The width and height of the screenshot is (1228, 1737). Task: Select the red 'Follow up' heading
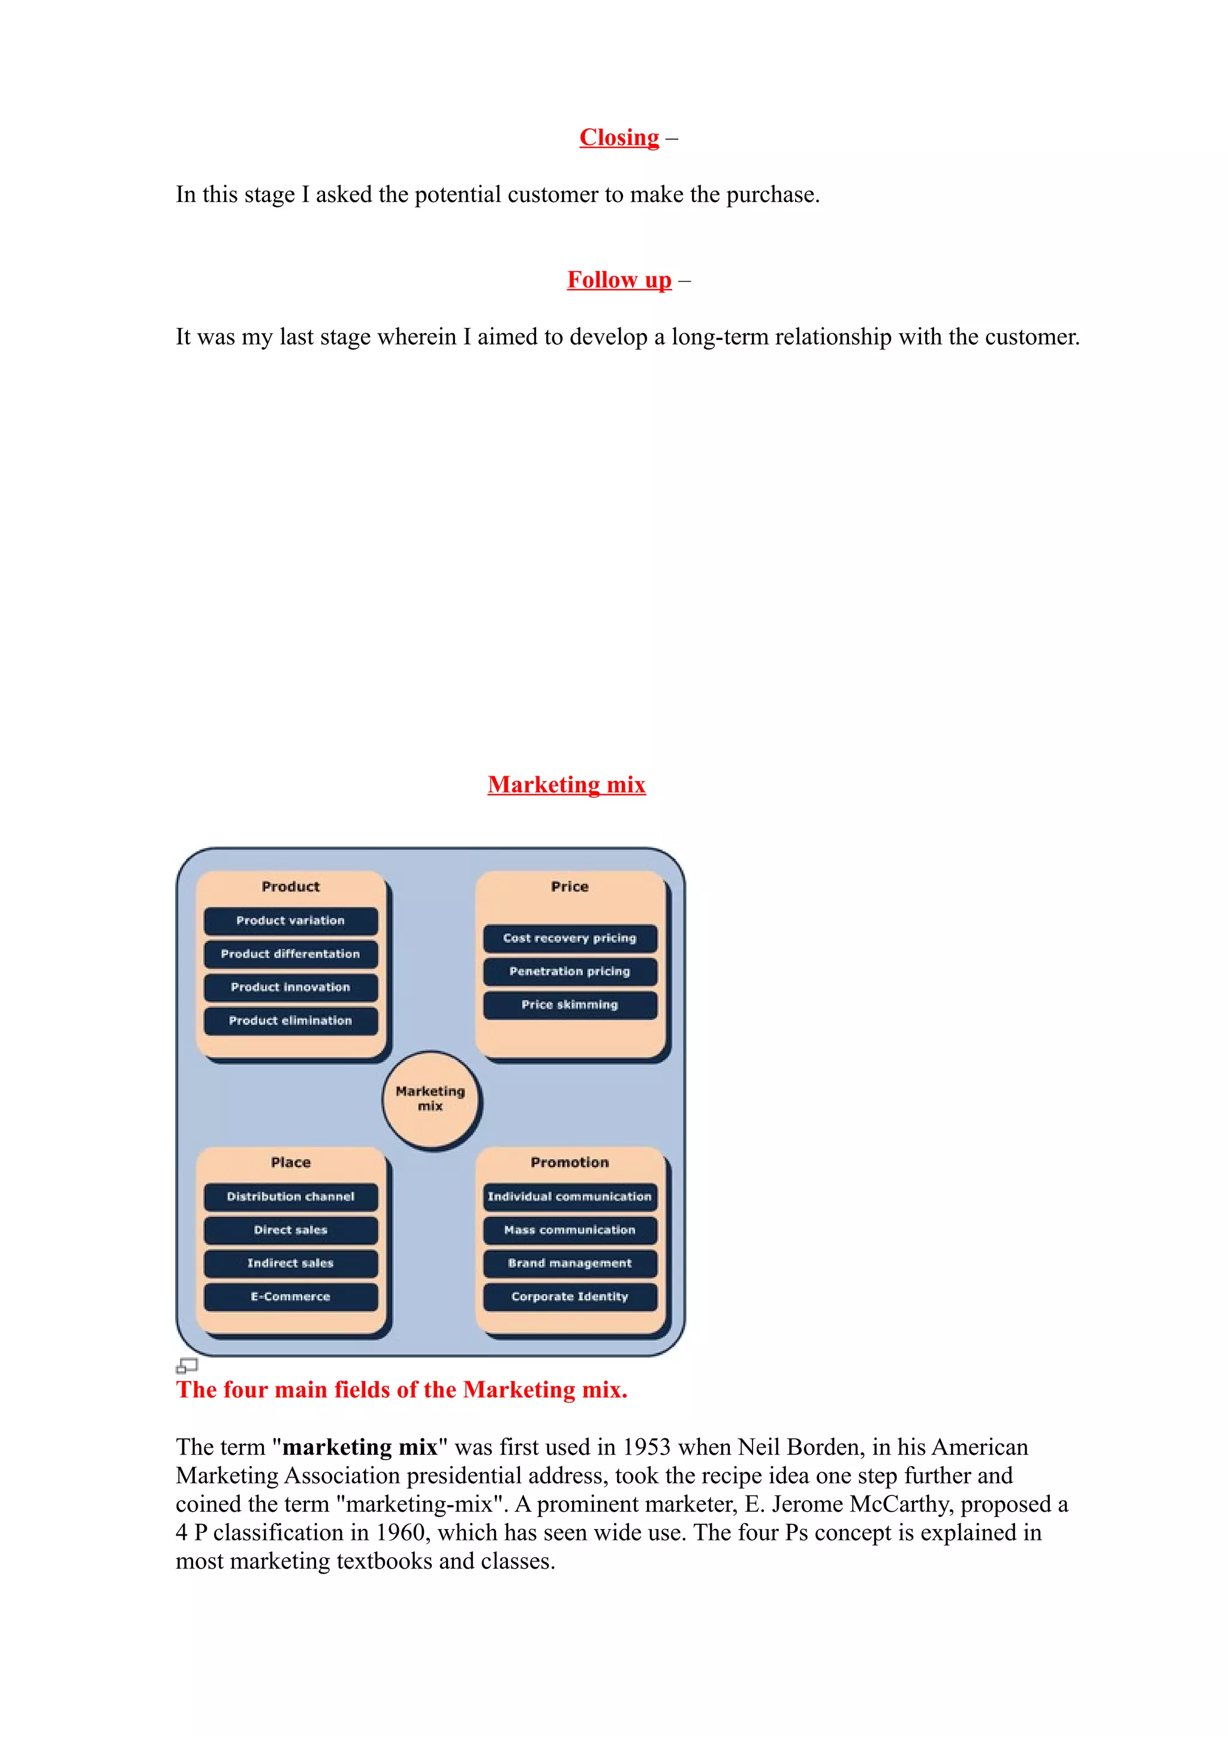click(x=619, y=280)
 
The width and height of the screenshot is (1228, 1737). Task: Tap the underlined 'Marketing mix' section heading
click(x=566, y=785)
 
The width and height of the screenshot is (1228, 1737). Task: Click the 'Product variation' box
click(x=291, y=921)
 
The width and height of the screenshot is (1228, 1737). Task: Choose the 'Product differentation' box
click(x=291, y=954)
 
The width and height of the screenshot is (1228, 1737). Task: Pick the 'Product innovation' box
click(x=291, y=987)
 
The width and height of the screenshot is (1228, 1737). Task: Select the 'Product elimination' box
click(x=291, y=1021)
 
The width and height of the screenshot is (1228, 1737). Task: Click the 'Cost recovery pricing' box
click(x=570, y=938)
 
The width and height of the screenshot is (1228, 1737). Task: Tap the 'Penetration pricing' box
click(x=570, y=972)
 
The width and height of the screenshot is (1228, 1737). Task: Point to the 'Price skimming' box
click(x=570, y=1005)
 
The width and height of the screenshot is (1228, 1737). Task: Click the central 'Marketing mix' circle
click(x=431, y=1099)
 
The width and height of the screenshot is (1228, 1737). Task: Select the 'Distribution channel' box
click(x=291, y=1197)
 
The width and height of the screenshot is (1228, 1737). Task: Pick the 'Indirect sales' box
click(x=291, y=1263)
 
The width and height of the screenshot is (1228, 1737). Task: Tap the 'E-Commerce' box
click(x=291, y=1296)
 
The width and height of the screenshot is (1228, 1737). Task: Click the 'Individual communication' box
click(x=570, y=1197)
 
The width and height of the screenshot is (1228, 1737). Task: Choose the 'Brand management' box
click(x=570, y=1263)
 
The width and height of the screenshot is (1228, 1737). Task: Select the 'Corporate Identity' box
click(x=570, y=1296)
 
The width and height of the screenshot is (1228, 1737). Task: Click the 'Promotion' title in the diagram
click(x=570, y=1163)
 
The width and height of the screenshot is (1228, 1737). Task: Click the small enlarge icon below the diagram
click(x=186, y=1365)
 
